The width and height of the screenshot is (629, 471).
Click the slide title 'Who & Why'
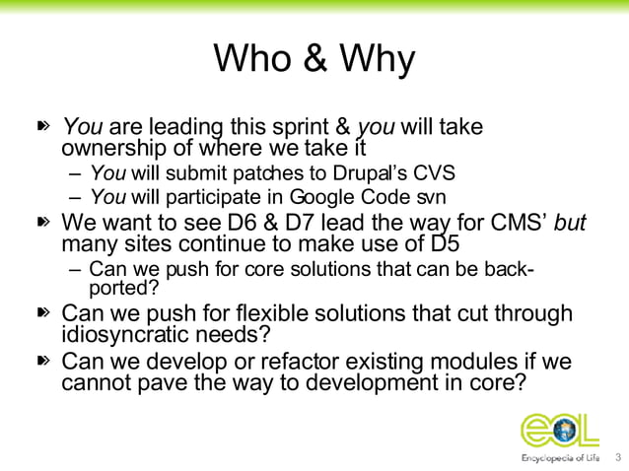click(314, 59)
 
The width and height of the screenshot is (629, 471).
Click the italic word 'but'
click(571, 223)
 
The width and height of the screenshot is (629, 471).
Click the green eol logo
click(559, 430)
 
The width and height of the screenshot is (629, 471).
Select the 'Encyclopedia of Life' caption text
click(559, 458)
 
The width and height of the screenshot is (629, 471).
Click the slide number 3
click(618, 458)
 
